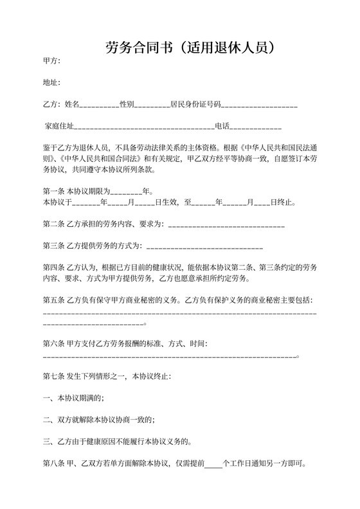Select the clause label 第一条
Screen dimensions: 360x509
[53, 191]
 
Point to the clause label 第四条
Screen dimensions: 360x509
[53, 267]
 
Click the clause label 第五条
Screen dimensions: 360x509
[53, 300]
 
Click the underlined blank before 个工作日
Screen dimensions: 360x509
[213, 464]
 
